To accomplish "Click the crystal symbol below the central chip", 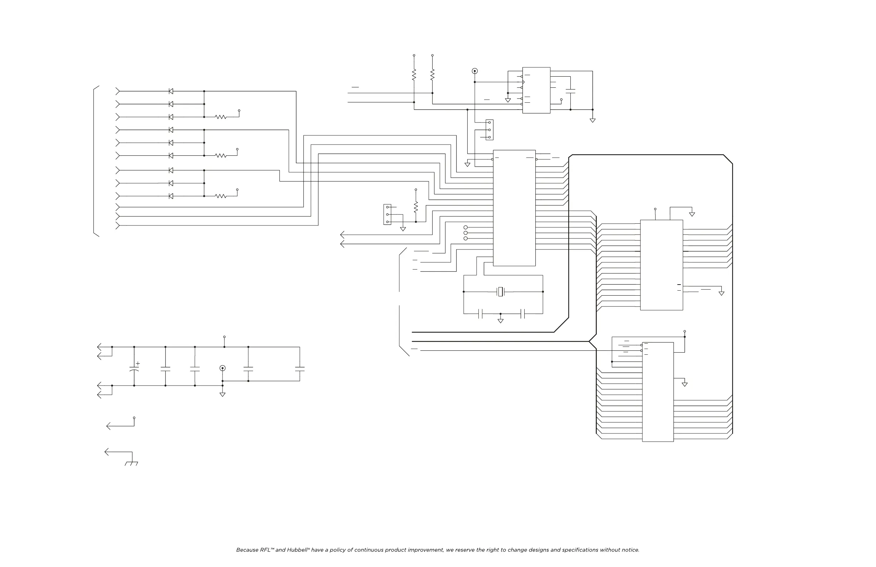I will [x=501, y=292].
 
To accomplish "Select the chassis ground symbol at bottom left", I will [x=131, y=463].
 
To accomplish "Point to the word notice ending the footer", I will [x=630, y=550].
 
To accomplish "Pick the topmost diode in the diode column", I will [x=171, y=91].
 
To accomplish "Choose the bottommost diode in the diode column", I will [x=171, y=196].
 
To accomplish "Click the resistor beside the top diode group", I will [x=221, y=117].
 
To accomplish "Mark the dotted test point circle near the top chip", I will [x=475, y=71].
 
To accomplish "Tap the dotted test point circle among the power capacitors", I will [x=222, y=368].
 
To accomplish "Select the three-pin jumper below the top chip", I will [x=490, y=130].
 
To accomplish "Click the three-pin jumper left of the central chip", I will [x=387, y=214].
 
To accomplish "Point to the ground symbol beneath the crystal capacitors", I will [x=501, y=321].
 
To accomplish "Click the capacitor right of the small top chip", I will [x=570, y=91].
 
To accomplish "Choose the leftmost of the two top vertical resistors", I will [x=414, y=75].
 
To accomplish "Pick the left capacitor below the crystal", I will [x=480, y=314].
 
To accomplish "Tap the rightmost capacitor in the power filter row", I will [x=300, y=368].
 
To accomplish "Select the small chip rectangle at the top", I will [x=536, y=90].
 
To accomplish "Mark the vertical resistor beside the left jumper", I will [x=416, y=207].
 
